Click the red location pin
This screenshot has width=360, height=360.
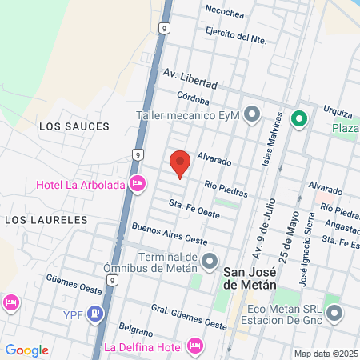180,162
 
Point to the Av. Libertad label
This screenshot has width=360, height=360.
190,78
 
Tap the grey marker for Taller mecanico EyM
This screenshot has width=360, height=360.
252,115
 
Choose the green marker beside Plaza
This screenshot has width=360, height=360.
299,119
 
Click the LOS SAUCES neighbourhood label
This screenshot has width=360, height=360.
74,126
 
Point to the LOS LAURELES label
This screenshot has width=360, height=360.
46,218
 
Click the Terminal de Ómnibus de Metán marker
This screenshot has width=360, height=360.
210,260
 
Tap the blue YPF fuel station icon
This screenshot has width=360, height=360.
95,313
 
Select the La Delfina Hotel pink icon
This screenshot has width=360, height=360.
193,346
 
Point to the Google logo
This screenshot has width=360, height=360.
26,350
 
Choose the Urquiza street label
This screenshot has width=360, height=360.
338,110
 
